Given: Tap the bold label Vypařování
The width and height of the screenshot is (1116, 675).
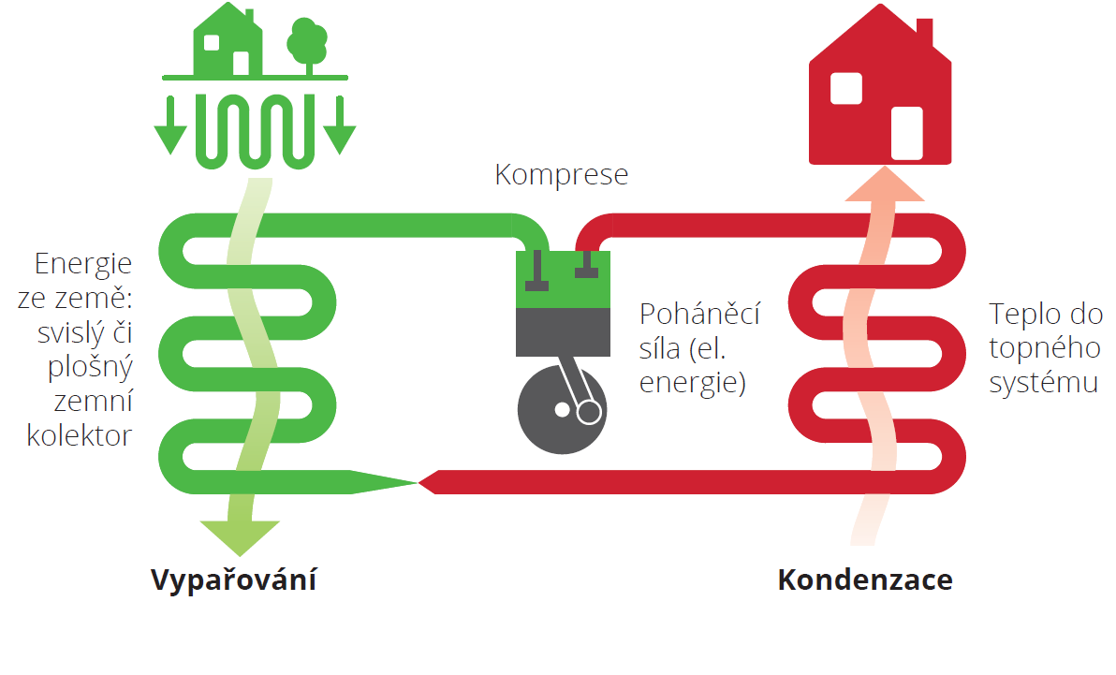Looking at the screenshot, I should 233,580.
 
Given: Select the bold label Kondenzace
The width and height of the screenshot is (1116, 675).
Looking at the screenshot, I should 865,580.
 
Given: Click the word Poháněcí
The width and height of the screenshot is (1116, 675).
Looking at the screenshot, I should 699,313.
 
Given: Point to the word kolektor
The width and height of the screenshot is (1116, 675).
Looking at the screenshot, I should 80,435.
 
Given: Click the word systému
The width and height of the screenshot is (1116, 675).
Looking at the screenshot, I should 1043,384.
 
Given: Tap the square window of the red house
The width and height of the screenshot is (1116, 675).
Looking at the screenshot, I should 845,88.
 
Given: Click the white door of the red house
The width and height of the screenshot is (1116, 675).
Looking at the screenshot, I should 906,133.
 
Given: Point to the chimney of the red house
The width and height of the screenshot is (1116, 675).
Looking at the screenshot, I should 924,32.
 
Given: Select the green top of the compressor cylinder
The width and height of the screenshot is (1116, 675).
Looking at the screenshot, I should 563,281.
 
